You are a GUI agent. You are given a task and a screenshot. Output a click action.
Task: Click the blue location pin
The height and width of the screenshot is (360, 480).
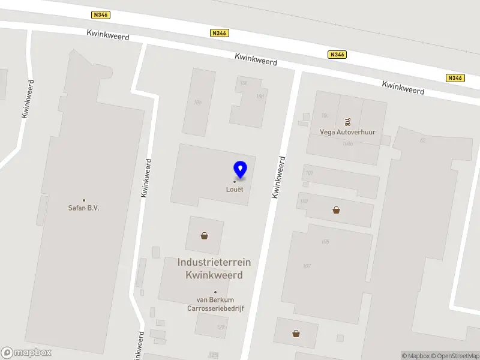pos(240,169)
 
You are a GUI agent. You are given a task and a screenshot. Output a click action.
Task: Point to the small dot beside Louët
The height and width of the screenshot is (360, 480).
pos(235,182)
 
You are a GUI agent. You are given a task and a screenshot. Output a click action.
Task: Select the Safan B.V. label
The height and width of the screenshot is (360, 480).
pos(83,208)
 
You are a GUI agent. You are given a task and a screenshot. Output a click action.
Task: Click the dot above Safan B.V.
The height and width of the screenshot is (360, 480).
pos(83,200)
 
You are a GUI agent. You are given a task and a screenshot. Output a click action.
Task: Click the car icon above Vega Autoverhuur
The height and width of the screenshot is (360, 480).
pos(348,122)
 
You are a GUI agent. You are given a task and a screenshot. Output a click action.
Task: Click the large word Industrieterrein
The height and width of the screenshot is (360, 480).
pos(214,262)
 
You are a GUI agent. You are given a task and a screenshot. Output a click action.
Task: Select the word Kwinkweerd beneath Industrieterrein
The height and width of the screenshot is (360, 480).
pos(214,275)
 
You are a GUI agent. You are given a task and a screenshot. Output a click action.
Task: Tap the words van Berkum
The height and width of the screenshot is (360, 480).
pos(215,299)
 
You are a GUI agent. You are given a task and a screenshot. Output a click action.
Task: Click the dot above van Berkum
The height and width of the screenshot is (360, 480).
pos(215,292)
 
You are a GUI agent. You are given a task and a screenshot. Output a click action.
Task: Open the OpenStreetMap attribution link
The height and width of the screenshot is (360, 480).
pos(454,356)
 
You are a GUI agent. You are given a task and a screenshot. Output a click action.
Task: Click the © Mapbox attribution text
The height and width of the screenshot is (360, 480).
pos(416,356)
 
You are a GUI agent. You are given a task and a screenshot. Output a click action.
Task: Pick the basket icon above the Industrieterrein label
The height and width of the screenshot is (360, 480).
pos(205,236)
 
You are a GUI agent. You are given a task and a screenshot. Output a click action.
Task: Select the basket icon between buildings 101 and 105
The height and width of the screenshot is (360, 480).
pos(336,210)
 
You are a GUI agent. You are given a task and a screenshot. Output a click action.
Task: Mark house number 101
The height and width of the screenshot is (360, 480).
pos(309,173)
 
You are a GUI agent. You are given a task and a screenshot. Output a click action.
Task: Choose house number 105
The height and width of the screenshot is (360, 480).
pos(326,242)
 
